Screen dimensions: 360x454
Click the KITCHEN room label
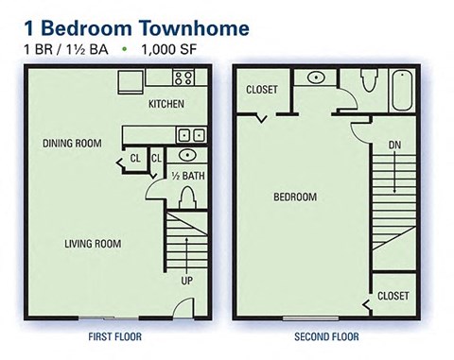point(166,104)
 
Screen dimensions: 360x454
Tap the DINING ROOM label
point(71,144)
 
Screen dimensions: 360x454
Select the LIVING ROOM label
point(93,244)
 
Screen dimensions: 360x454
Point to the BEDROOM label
point(295,197)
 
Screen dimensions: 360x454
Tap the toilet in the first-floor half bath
point(187,197)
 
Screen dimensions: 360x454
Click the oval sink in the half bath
point(186,155)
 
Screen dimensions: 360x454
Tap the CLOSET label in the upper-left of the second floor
point(262,91)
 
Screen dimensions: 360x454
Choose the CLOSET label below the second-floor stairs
point(393,296)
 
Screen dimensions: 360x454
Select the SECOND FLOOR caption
point(326,335)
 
